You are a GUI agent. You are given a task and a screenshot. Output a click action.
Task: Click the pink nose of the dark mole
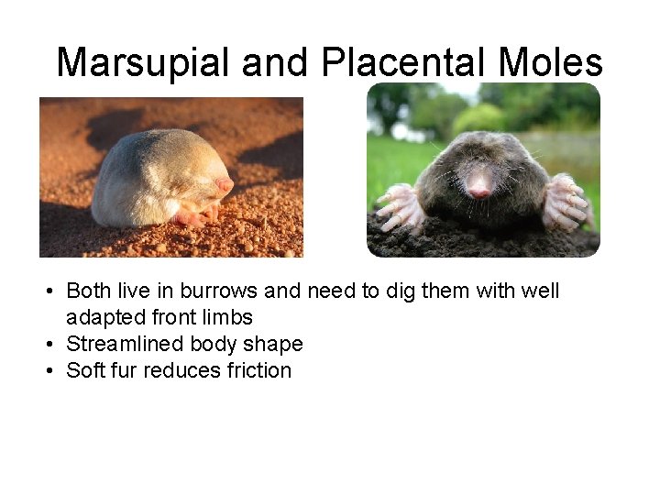point(479,192)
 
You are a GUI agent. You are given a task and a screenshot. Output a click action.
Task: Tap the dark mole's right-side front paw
point(562,202)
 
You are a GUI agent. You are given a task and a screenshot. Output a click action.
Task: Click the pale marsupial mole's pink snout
point(224,184)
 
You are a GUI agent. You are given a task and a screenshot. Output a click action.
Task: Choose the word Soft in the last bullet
point(88,371)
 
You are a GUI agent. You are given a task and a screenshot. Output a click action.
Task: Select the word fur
point(126,371)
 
